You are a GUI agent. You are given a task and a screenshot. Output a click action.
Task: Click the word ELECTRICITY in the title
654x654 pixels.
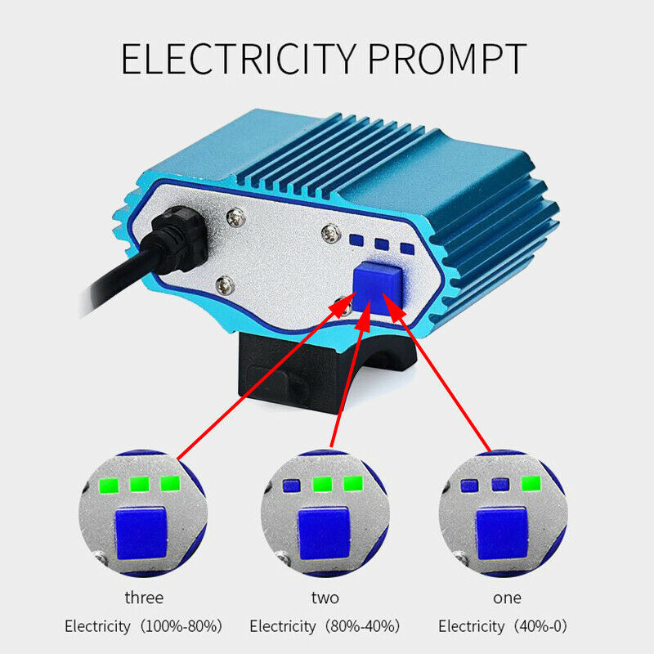click(x=239, y=59)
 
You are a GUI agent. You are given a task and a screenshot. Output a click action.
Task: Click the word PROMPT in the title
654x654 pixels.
click(x=447, y=59)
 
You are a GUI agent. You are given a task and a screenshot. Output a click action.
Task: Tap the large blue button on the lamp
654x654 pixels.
click(x=378, y=287)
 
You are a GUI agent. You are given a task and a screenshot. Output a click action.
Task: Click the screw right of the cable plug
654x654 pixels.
click(x=235, y=217)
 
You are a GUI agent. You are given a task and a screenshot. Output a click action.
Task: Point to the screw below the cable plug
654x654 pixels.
click(x=225, y=285)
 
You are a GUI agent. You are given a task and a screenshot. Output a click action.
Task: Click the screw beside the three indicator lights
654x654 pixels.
click(x=331, y=234)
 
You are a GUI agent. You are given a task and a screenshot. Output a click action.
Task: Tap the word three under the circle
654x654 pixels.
click(x=144, y=598)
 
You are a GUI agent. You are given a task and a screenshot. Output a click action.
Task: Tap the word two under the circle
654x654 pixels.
click(x=325, y=598)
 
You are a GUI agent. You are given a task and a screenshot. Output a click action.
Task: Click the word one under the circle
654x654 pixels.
click(x=507, y=598)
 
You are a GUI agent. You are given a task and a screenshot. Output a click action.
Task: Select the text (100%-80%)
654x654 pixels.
click(x=181, y=626)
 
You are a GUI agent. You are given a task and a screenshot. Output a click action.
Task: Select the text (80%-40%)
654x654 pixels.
click(x=362, y=626)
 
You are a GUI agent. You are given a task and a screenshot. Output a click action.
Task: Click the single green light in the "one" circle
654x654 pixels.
click(x=531, y=484)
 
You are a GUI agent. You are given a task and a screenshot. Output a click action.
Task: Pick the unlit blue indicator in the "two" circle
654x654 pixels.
click(x=292, y=486)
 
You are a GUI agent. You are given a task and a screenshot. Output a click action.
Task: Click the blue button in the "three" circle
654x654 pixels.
click(x=141, y=534)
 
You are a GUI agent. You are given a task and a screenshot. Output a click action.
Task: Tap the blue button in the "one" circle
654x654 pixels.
click(x=502, y=534)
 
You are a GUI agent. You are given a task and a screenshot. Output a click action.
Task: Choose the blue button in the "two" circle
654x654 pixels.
click(x=324, y=534)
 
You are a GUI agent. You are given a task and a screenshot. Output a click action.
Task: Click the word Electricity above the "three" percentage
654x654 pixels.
click(x=97, y=626)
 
